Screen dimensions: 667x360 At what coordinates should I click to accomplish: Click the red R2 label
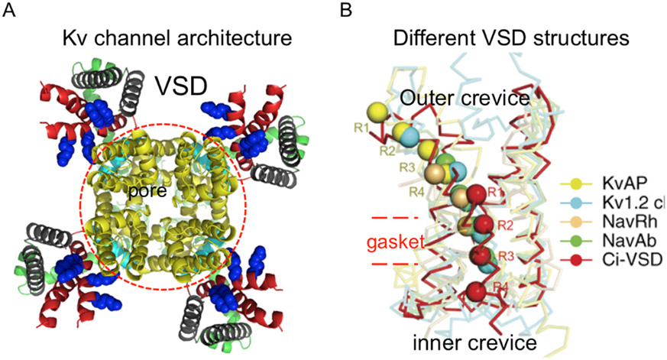tap(503, 225)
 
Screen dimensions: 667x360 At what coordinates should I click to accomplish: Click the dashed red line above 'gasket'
tap(397, 218)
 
